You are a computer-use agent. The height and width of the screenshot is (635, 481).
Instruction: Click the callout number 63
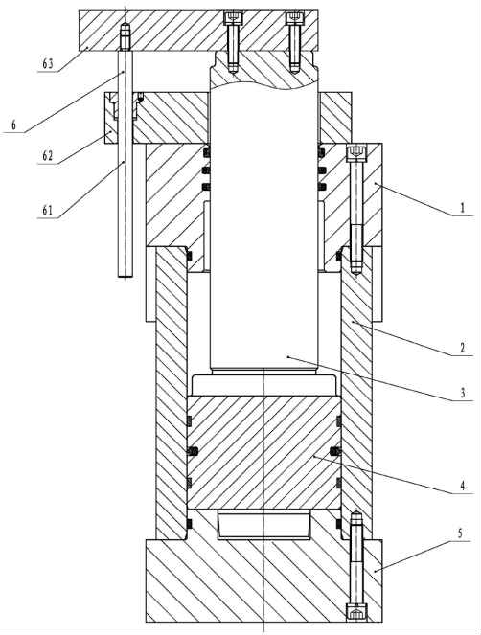click(48, 64)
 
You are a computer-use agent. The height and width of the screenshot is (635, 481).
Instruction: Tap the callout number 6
click(13, 125)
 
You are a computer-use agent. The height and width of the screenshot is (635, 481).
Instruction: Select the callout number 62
click(48, 156)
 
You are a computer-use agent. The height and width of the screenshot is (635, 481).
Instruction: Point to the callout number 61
click(48, 210)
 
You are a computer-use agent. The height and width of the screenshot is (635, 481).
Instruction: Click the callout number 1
click(462, 208)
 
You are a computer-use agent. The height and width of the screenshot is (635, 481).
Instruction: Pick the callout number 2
click(462, 348)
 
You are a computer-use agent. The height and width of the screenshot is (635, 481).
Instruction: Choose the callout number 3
click(462, 393)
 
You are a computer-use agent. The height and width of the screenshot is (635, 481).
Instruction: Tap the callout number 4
click(462, 486)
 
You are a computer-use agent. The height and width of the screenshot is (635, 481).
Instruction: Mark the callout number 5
click(460, 533)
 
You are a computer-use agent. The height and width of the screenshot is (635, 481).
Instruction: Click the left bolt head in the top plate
click(233, 17)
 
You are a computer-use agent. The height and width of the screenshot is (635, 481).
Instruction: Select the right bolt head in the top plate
click(293, 17)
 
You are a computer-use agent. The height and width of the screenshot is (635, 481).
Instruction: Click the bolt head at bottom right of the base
click(355, 611)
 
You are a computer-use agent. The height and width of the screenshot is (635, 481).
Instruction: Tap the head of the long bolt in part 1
click(355, 152)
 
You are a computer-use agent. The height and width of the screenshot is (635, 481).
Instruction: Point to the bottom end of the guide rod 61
click(126, 276)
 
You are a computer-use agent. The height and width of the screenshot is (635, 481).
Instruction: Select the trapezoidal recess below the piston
click(263, 525)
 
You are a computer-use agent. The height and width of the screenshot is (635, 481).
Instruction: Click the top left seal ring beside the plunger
click(206, 152)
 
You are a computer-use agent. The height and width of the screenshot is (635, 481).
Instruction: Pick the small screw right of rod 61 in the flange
click(141, 97)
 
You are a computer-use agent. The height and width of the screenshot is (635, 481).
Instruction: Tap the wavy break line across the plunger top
click(263, 84)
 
